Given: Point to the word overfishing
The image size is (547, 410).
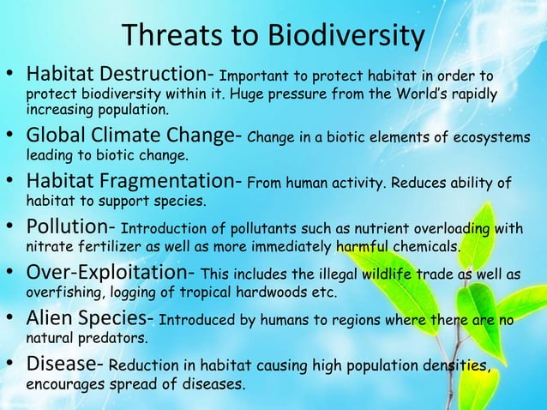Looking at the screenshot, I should coord(59,293).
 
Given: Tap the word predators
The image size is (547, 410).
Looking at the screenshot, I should coord(109,339).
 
